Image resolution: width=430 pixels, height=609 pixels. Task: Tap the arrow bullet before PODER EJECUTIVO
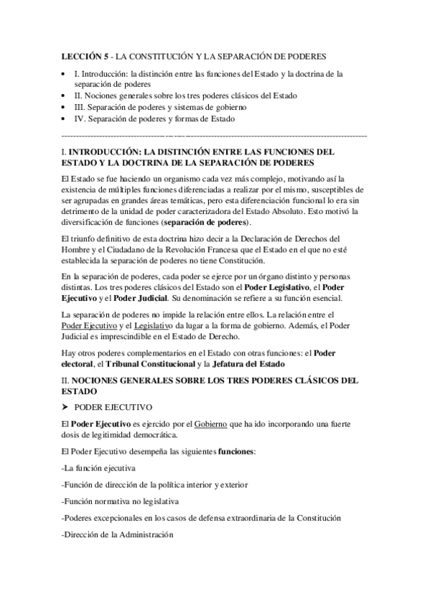tap(66, 406)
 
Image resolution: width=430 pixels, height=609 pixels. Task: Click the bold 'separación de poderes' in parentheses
tap(205, 222)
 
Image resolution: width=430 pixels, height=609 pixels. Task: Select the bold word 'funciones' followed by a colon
tap(235, 451)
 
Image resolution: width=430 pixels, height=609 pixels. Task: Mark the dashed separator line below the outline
tap(215, 135)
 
